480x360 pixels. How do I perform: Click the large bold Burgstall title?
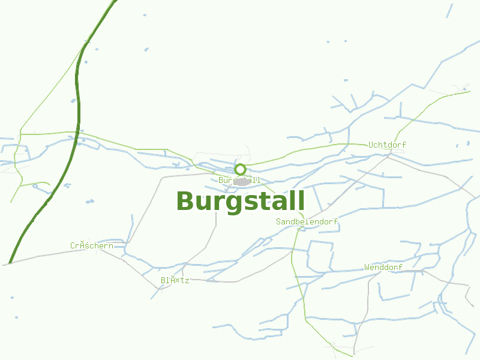pyautogui.click(x=241, y=201)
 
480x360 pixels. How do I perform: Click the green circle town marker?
pyautogui.click(x=241, y=169)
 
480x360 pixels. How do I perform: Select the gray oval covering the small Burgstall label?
pyautogui.click(x=242, y=181)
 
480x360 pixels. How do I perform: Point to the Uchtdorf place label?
pyautogui.click(x=387, y=145)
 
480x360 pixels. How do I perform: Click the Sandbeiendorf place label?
pyautogui.click(x=307, y=221)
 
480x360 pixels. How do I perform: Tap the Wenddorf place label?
pyautogui.click(x=383, y=267)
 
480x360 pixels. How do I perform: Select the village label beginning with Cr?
pyautogui.click(x=91, y=245)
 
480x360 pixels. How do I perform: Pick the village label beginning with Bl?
pyautogui.click(x=175, y=280)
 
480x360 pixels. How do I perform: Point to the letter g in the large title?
pyautogui.click(x=231, y=203)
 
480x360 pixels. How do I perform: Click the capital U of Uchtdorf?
pyautogui.click(x=371, y=145)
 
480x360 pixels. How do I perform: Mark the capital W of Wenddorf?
pyautogui.click(x=367, y=267)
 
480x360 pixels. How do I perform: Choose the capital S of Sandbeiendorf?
pyautogui.click(x=278, y=221)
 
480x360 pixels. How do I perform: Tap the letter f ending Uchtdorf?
pyautogui.click(x=404, y=145)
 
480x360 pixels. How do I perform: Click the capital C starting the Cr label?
pyautogui.click(x=73, y=245)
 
